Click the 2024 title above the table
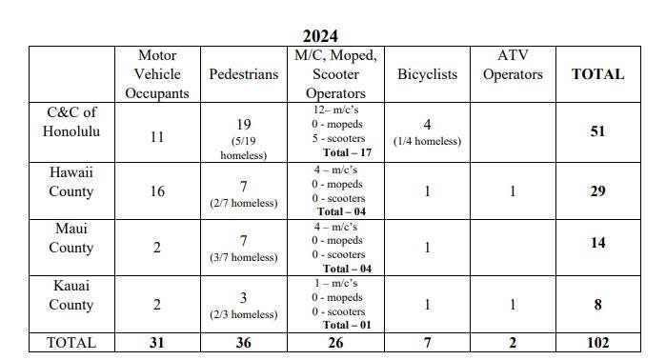pos(320,35)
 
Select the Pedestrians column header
pos(243,74)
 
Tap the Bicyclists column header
pos(427,74)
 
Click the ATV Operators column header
pos(513,65)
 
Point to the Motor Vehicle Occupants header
pos(157,74)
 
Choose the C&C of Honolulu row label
pos(71,122)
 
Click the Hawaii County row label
pos(71,182)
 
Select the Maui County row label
pos(71,238)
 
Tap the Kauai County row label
pos(71,295)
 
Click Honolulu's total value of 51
pos(597,130)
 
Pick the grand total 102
pos(597,343)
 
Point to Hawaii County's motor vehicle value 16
pos(157,191)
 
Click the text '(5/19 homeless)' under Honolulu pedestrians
pos(243,149)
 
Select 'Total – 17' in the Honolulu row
pos(347,152)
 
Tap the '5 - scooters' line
pos(338,138)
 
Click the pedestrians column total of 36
pos(243,343)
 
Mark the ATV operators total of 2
pos(513,343)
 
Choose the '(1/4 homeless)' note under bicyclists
pos(427,141)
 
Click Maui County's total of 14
pos(597,243)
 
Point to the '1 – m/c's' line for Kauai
pos(335,283)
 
